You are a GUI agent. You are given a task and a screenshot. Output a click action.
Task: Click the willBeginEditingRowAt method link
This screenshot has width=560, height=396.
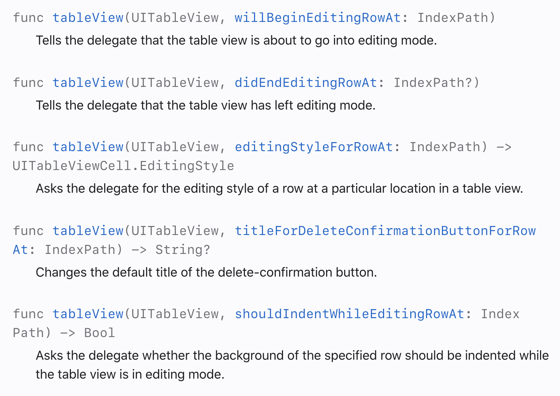point(317,18)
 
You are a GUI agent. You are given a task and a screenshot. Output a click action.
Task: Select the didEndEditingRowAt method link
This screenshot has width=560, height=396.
point(306,83)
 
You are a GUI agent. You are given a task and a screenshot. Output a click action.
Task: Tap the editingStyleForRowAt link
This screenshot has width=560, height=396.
point(314,147)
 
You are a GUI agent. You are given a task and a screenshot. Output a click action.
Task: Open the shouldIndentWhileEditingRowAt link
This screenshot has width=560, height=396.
point(349,314)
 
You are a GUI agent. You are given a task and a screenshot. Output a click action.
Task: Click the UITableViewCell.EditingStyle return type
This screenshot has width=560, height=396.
point(123,166)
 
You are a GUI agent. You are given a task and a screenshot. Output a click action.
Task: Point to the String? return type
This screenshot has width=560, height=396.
point(183,250)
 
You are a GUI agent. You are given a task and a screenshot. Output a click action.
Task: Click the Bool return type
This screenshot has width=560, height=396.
point(100,333)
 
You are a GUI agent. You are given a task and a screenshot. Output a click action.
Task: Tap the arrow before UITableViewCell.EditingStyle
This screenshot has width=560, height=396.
point(504,147)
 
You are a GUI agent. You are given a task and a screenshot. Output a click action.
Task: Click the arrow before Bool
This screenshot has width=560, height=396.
point(68,333)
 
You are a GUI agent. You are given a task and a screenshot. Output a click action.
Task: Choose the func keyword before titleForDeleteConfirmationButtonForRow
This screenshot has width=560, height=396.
point(28,231)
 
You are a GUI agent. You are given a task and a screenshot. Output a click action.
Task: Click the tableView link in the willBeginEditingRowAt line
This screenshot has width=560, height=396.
point(88,18)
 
